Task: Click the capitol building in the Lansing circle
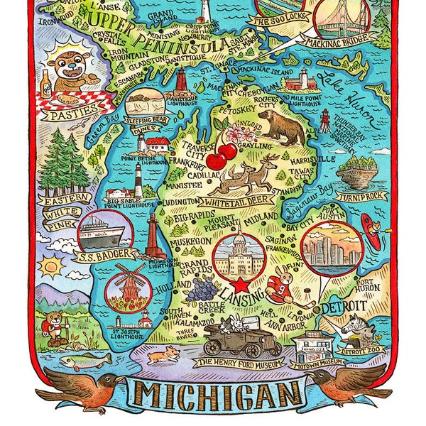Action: tap(240, 252)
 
